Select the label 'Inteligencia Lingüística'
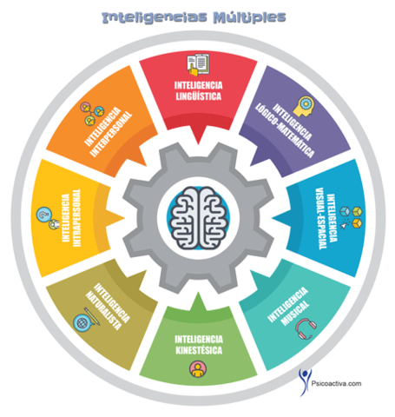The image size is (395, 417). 197,92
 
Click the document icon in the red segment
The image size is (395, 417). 197,64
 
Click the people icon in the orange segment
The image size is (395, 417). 92,108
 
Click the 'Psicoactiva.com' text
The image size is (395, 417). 346,379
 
